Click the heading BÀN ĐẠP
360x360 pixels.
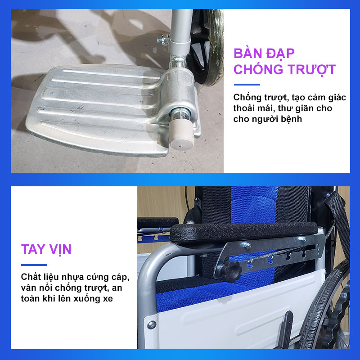[x=264, y=54]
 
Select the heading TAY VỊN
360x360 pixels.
[x=46, y=250]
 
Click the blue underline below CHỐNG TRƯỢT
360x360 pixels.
[x=247, y=85]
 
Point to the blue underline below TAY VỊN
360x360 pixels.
[x=34, y=265]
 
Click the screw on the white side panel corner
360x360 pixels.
[x=152, y=324]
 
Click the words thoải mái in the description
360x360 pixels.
[x=254, y=108]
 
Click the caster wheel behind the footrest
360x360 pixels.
[x=205, y=46]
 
